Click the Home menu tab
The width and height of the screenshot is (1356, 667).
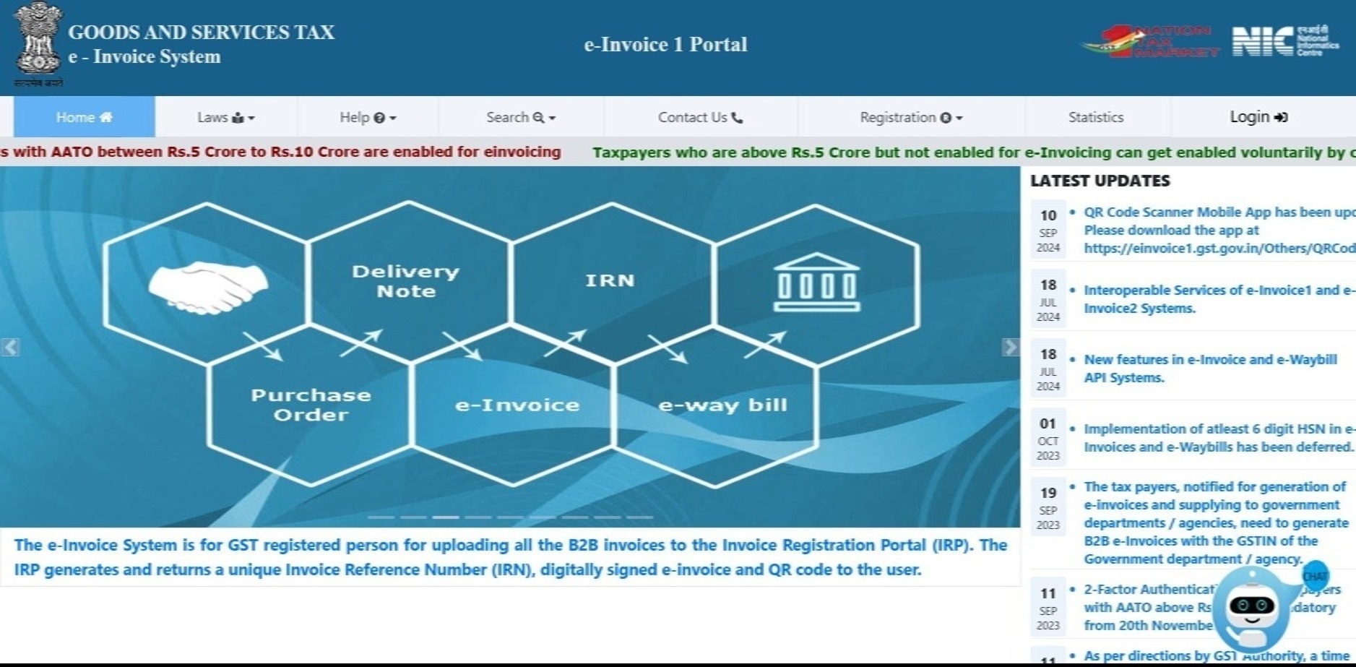[85, 117]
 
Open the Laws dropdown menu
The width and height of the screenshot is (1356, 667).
[225, 117]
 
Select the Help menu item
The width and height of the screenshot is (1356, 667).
[368, 117]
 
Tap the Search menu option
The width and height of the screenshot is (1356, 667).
[520, 117]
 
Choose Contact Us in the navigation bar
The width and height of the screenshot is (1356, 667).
[699, 117]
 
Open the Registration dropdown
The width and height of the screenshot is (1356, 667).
[910, 117]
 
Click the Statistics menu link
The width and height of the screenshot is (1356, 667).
[1095, 117]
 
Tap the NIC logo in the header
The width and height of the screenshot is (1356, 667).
[1284, 41]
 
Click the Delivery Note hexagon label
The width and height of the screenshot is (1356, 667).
[405, 281]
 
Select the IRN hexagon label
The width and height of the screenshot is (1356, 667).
[610, 280]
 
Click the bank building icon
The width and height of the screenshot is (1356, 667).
[816, 283]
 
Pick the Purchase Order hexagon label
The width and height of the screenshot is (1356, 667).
[311, 405]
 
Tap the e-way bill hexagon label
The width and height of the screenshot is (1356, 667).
[722, 405]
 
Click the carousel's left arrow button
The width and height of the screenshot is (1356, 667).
[10, 347]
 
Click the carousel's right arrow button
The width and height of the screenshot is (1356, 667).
[1010, 347]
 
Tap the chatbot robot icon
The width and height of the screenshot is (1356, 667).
[1253, 607]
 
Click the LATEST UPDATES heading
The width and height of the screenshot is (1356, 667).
[1100, 181]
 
